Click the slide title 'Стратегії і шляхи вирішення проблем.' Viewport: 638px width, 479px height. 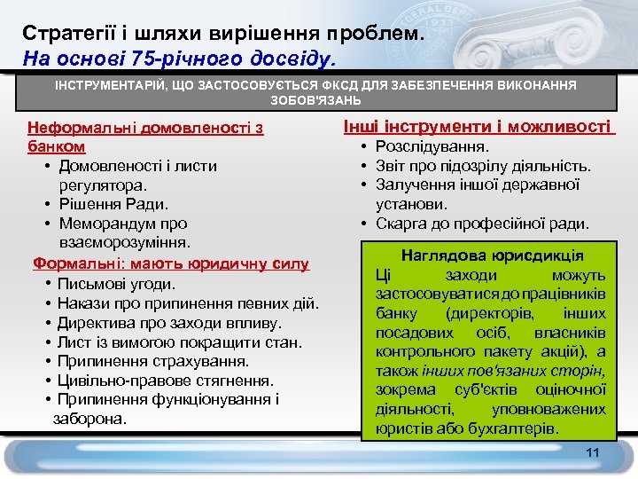[x=224, y=34]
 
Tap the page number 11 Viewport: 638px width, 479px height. [x=593, y=453]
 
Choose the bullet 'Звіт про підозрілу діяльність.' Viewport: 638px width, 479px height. [x=483, y=165]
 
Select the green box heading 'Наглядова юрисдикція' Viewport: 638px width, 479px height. [x=492, y=255]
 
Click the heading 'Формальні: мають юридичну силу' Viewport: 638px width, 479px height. [x=171, y=263]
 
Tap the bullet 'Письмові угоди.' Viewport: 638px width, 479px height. [x=116, y=284]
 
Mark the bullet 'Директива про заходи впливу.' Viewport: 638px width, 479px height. [x=169, y=323]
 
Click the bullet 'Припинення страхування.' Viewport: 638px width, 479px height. [x=152, y=361]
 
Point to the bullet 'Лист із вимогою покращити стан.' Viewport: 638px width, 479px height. [x=180, y=342]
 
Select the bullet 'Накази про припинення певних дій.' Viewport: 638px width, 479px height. [x=188, y=303]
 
